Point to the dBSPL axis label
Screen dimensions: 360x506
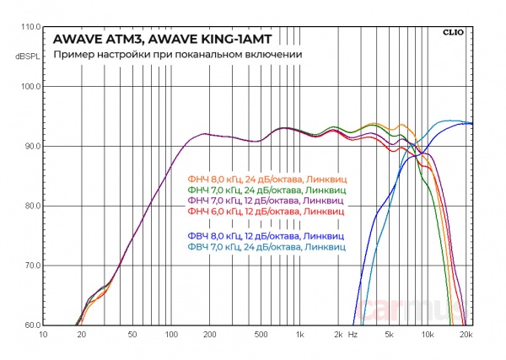click(27, 56)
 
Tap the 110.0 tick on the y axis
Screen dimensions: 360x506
click(30, 27)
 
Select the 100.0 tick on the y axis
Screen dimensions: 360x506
click(30, 87)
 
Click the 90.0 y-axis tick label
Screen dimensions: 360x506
click(32, 147)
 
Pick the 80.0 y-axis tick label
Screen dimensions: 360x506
click(32, 207)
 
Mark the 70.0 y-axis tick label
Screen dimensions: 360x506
click(32, 266)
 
